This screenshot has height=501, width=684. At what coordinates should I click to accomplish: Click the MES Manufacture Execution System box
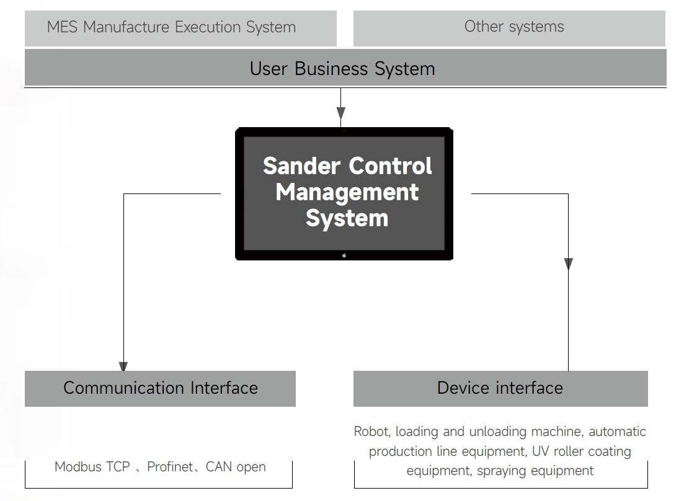[x=180, y=28]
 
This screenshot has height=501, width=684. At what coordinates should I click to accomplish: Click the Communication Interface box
[x=160, y=388]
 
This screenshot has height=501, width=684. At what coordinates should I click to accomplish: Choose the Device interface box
[x=500, y=388]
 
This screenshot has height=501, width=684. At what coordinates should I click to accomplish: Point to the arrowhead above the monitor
[x=340, y=113]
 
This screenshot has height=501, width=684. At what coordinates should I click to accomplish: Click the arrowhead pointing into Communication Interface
[x=123, y=366]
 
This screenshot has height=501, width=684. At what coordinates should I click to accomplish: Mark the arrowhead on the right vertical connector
[x=568, y=264]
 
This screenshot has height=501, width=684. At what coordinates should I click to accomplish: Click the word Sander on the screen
[x=302, y=166]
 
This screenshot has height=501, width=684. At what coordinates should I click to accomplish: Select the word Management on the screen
[x=347, y=192]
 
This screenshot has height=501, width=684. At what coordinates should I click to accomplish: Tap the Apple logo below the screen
[x=344, y=255]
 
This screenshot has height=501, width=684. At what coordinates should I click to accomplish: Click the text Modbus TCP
[x=92, y=467]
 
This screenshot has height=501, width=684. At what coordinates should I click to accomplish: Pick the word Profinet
[x=171, y=467]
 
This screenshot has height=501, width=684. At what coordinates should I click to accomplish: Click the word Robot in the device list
[x=371, y=431]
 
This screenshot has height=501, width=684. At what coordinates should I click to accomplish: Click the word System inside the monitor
[x=347, y=218]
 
